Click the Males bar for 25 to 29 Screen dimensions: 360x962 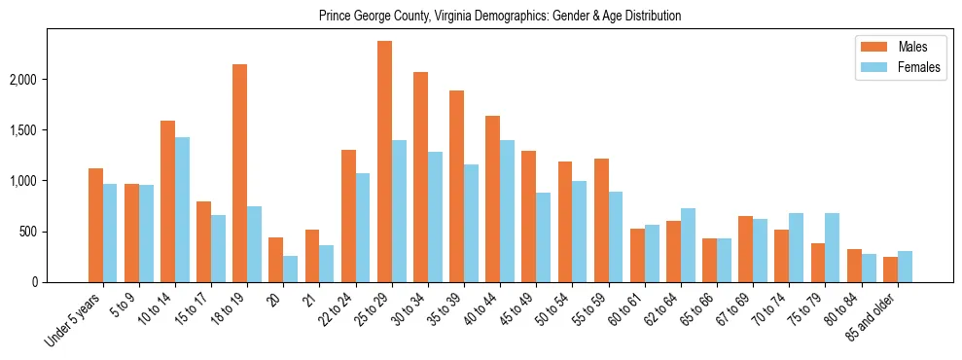pos(385,162)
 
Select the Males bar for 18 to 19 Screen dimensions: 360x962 pos(240,173)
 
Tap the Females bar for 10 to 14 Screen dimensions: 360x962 pos(182,209)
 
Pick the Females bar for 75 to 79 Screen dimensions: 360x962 pos(833,247)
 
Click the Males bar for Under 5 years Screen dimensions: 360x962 pos(95,225)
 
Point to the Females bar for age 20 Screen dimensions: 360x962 pos(291,269)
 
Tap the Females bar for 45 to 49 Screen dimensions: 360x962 pos(544,237)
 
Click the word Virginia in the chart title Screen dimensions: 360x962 pos(452,17)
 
